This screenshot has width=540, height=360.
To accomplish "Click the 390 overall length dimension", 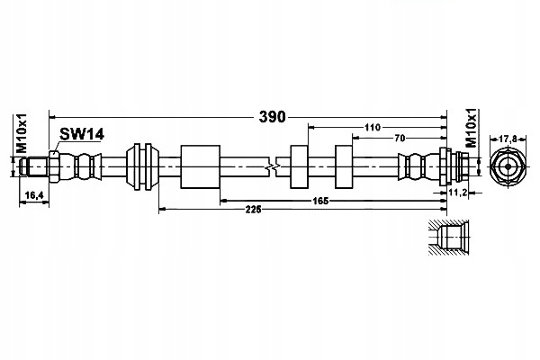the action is [x=272, y=117].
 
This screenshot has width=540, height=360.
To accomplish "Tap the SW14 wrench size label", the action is [x=82, y=134].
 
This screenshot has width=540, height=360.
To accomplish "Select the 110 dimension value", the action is [x=373, y=128].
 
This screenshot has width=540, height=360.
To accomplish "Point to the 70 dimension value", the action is [x=400, y=138].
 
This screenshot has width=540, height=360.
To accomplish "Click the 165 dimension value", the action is [x=320, y=201].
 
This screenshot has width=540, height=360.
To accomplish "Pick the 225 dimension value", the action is [x=254, y=209].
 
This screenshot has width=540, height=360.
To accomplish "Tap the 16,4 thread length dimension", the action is [x=34, y=195].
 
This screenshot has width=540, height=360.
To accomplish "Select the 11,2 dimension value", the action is [x=458, y=193].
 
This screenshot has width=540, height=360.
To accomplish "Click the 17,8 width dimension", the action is [x=508, y=139].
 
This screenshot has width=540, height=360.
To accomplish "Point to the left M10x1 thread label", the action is [x=21, y=134].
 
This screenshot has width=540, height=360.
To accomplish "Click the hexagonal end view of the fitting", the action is [x=508, y=166].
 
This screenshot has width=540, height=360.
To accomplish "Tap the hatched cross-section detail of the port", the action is [x=449, y=238].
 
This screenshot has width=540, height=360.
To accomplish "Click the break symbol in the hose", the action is [x=273, y=166].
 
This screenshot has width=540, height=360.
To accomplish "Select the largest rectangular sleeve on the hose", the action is [x=201, y=166].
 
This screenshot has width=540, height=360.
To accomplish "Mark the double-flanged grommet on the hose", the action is [x=142, y=166].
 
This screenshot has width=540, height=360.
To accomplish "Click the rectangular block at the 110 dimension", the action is [x=299, y=166].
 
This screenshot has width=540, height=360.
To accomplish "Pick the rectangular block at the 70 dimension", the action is [x=344, y=166].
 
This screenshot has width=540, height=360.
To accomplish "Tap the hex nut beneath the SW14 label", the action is [x=54, y=166].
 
